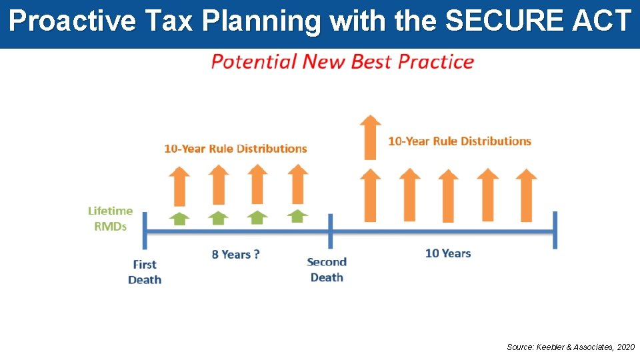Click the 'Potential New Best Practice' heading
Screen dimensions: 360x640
click(x=342, y=62)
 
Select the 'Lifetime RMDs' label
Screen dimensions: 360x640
click(x=111, y=218)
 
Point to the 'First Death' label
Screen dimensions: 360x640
click(x=145, y=271)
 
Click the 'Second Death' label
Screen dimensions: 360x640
click(x=327, y=269)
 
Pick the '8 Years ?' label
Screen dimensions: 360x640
click(x=235, y=254)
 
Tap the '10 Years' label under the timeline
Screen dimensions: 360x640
click(x=448, y=253)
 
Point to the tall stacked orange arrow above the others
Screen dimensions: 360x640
click(x=370, y=137)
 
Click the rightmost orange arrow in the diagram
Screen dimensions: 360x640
click(x=527, y=195)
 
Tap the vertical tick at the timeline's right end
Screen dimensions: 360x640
click(x=555, y=230)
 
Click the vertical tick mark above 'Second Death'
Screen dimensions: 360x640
click(x=330, y=231)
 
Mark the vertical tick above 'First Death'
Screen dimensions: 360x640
click(x=146, y=231)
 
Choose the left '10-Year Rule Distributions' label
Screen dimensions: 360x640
click(x=235, y=148)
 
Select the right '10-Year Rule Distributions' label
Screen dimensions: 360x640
click(x=459, y=141)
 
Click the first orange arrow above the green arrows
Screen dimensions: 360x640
click(x=179, y=186)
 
